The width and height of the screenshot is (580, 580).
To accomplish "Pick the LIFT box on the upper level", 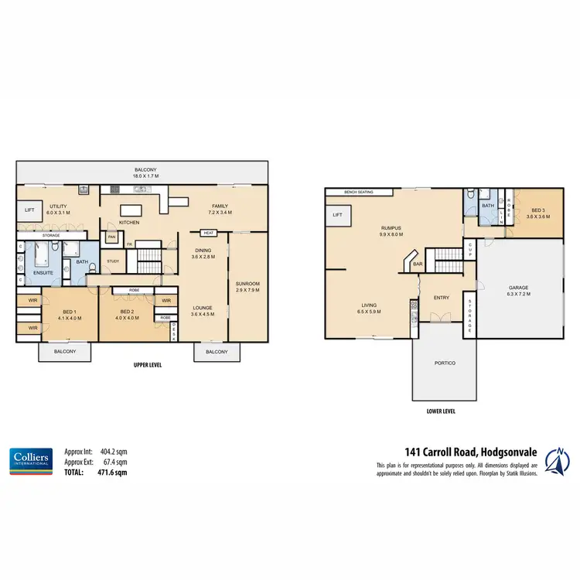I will [30, 210].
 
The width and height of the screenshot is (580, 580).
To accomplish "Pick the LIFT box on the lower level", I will [338, 215].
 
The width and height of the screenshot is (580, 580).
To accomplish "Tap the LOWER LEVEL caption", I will [441, 411].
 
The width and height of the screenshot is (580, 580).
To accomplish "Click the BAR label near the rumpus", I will [418, 264].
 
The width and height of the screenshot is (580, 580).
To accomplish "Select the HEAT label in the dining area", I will [207, 233].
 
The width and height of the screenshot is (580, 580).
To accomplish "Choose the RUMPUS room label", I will [390, 228].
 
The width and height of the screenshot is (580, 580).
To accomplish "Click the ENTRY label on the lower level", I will [441, 297].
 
